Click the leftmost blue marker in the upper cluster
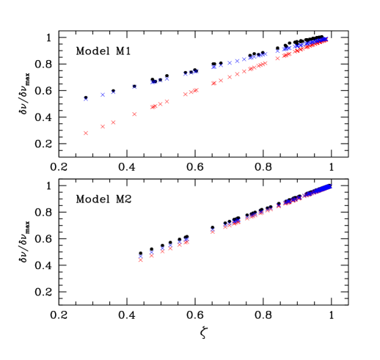pyautogui.click(x=86, y=98)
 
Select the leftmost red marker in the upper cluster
pyautogui.click(x=86, y=133)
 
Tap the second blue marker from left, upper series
pyautogui.click(x=103, y=95)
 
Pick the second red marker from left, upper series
pyautogui.click(x=103, y=126)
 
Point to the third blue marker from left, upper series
pyautogui.click(x=113, y=92)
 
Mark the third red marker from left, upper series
pyautogui.click(x=113, y=122)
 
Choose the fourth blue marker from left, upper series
pyautogui.click(x=134, y=87)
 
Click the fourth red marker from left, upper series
pyautogui.click(x=134, y=114)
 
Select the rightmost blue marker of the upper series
pyautogui.click(x=326, y=38)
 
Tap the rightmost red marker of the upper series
pyautogui.click(x=326, y=40)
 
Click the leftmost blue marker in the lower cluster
pyautogui.click(x=141, y=256)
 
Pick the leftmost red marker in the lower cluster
pyautogui.click(x=141, y=260)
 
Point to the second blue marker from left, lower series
pyautogui.click(x=152, y=252)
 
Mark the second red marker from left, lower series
pyautogui.click(x=152, y=255)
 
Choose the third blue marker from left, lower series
pyautogui.click(x=162, y=249)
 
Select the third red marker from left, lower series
pyautogui.click(x=162, y=251)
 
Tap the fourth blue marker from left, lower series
pyautogui.click(x=170, y=246)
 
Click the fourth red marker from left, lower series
pyautogui.click(x=170, y=249)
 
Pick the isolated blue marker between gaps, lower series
pyautogui.click(x=212, y=230)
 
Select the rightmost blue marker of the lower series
pyautogui.click(x=330, y=186)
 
